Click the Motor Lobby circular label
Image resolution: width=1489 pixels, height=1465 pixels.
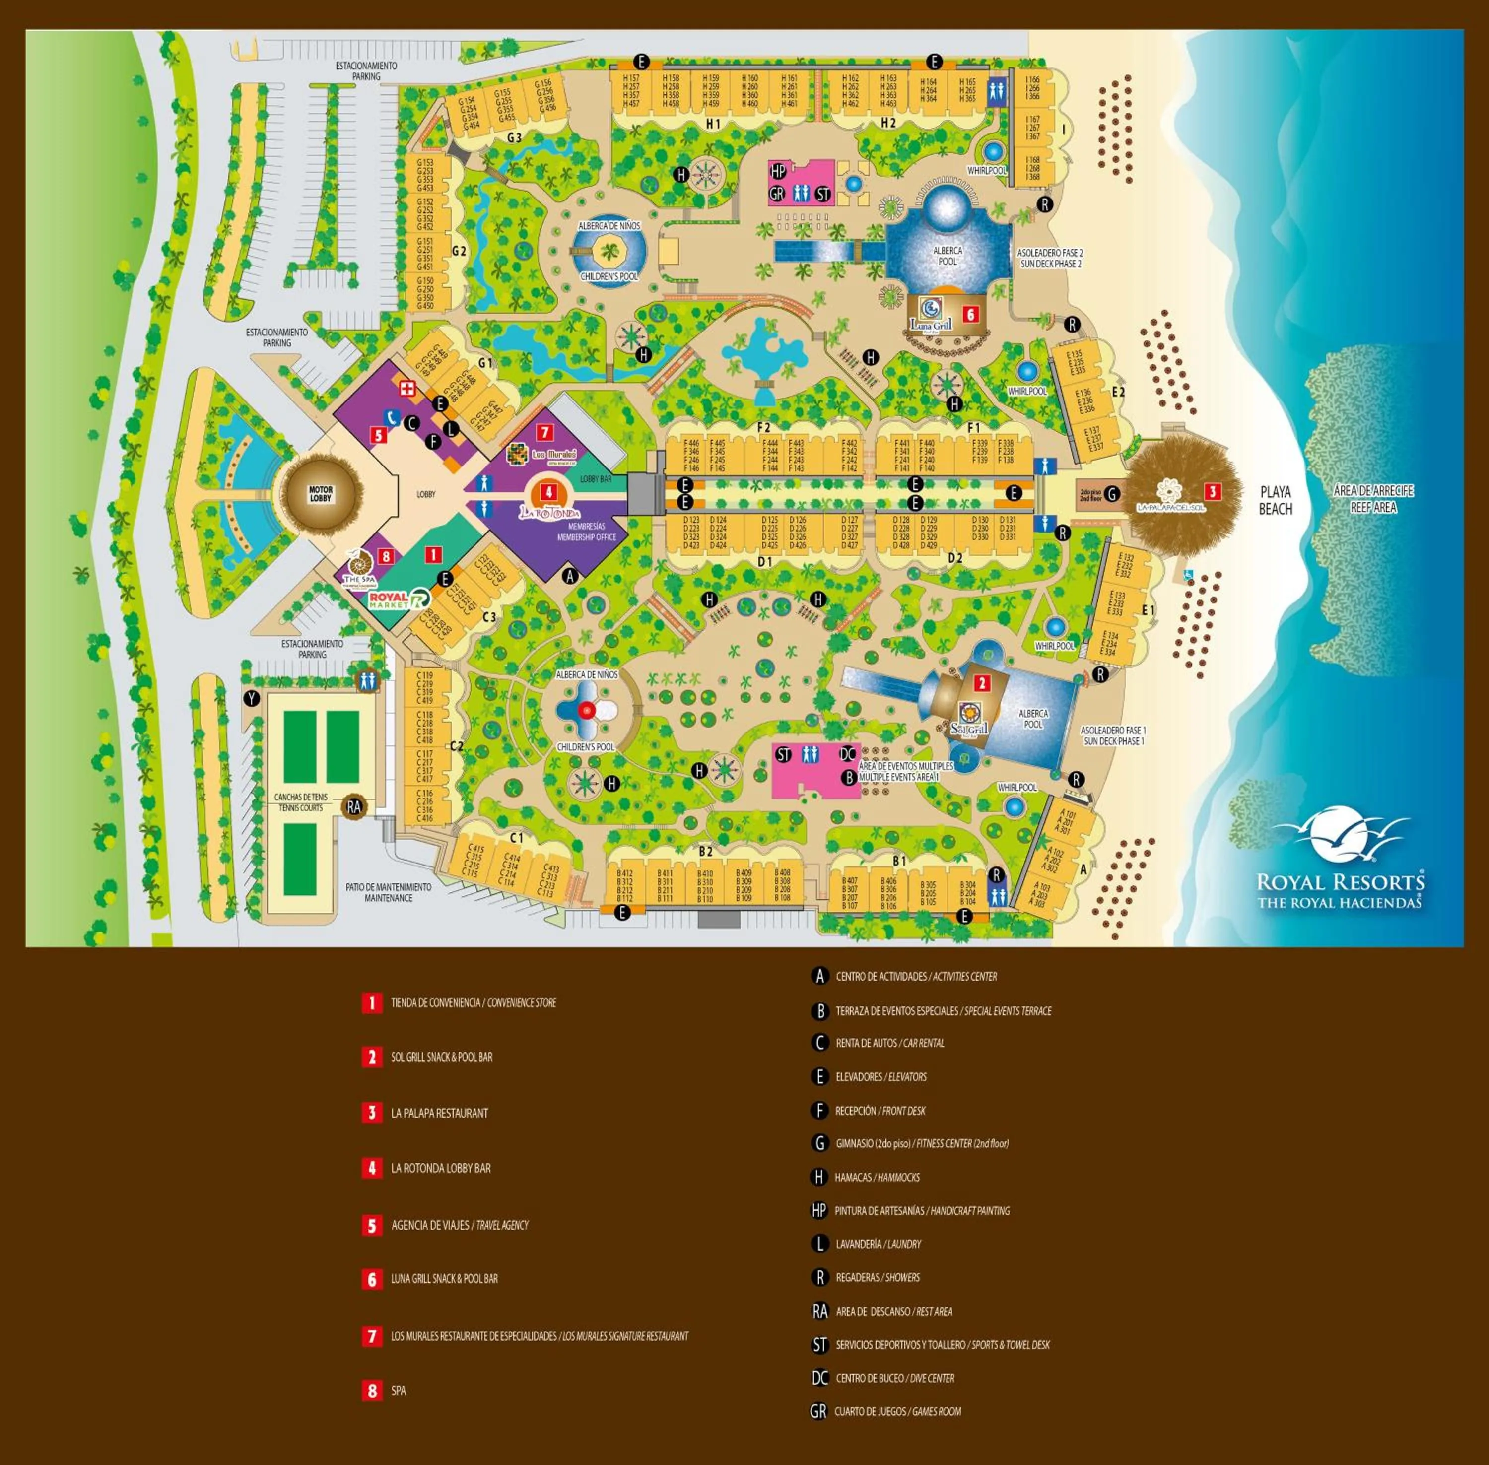pos(320,494)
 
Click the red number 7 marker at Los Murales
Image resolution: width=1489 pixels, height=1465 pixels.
pos(544,432)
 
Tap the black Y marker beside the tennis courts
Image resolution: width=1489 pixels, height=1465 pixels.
pos(251,699)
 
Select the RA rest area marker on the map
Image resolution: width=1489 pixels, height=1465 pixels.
pos(354,806)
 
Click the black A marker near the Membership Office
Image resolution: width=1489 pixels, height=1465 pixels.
pos(569,574)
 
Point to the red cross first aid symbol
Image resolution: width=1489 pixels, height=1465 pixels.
pos(407,388)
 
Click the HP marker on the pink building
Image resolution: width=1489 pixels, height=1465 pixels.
pos(778,171)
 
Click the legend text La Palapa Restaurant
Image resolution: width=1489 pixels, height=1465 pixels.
pos(439,1113)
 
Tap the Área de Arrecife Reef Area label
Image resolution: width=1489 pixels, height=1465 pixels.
pos(1373,499)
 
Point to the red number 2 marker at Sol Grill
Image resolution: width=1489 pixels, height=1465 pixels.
pos(981,682)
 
